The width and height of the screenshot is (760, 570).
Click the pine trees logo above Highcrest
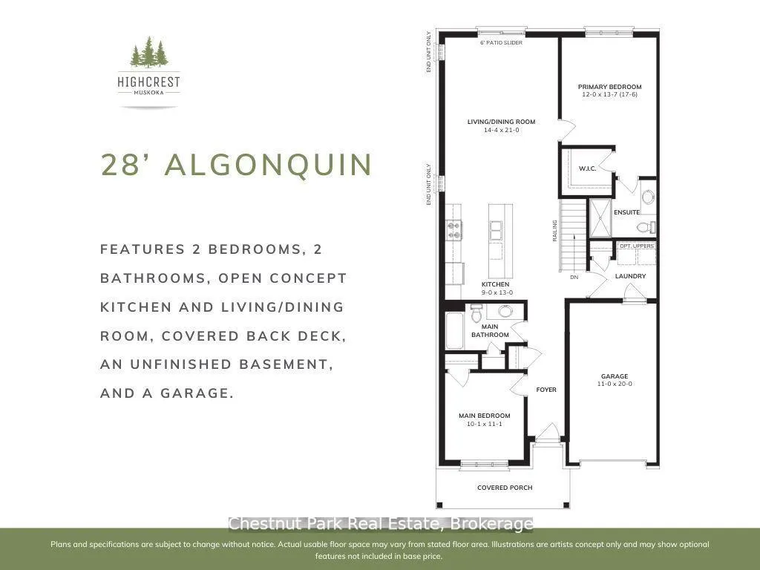pos(149,52)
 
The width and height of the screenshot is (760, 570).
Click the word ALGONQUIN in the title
pos(268,165)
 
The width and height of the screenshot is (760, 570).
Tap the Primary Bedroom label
pos(609,87)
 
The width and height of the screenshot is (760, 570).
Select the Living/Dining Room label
pos(501,122)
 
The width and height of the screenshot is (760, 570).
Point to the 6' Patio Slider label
pos(501,42)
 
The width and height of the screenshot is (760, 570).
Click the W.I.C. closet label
pos(588,168)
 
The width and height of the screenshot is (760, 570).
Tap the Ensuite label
pos(626,212)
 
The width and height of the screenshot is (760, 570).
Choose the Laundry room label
pos(630,276)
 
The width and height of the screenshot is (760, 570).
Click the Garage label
pos(614,376)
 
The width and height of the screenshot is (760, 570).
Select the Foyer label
pos(546,390)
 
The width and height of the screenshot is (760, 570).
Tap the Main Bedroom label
pos(484,416)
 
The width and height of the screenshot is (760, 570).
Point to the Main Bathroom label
pos(490,330)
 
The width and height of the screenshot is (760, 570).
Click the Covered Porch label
pos(505,488)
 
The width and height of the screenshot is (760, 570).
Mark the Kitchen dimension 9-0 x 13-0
pos(497,292)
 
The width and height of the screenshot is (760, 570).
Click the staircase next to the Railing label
pos(572,236)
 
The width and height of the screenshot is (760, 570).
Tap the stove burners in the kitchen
pos(454,230)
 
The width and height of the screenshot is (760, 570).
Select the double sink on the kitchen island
pos(495,231)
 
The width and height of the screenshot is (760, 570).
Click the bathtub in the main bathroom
pos(455,330)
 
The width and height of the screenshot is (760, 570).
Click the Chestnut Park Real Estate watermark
pos(381,524)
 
